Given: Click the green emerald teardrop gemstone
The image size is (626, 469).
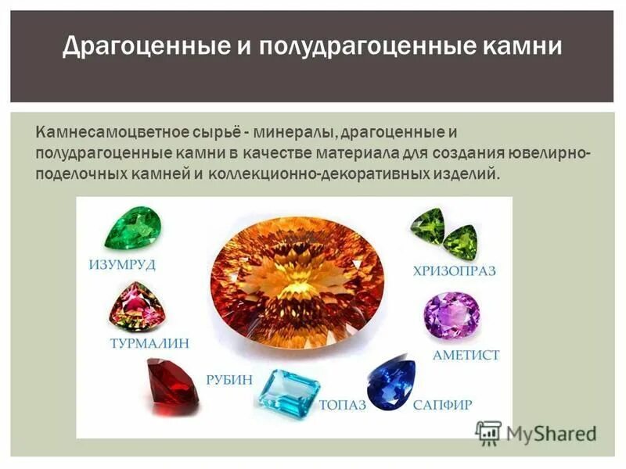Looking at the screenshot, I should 134,227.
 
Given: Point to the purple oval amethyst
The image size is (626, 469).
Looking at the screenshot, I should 452,316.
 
